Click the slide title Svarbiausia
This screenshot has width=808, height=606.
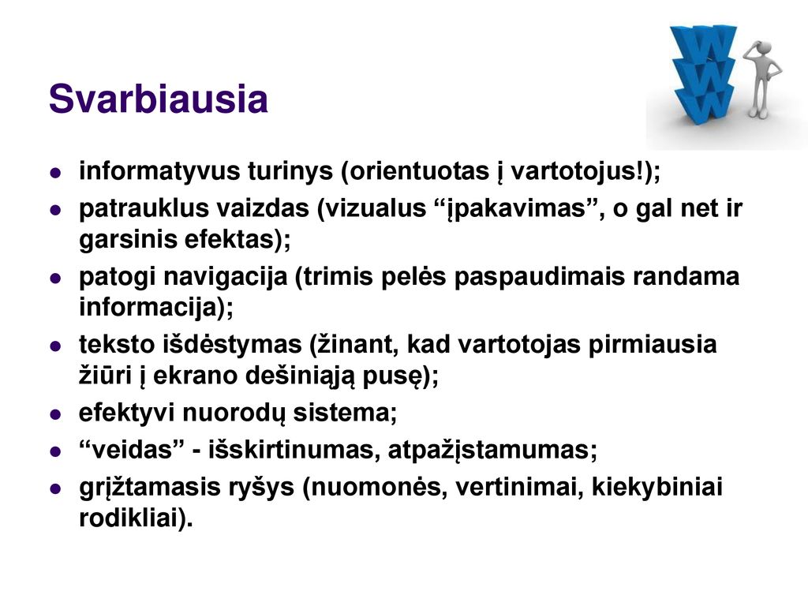click(158, 98)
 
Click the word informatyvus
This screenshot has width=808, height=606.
click(159, 171)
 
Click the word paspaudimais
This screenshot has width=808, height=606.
click(540, 277)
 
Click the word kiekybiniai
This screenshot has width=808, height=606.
click(657, 487)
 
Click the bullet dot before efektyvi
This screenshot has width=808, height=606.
click(56, 414)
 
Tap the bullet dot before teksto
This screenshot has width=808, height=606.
click(56, 346)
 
